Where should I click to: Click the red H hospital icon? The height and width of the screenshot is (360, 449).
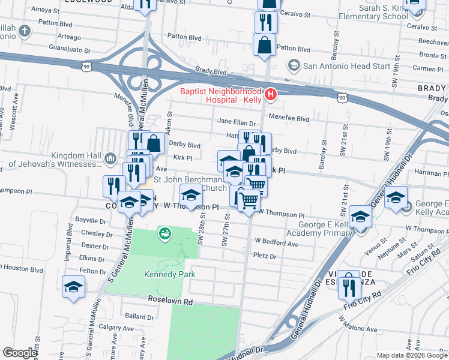pos(271,94)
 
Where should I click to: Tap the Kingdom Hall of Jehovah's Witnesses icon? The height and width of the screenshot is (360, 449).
pos(110,159)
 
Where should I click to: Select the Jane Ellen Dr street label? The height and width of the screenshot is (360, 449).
pos(237,123)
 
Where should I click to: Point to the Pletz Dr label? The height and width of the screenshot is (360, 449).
pos(264,256)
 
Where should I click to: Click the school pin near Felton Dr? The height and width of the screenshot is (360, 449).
pos(73,287)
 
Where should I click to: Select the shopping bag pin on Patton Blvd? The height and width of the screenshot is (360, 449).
pos(265,45)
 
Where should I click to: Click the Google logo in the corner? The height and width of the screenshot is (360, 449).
pos(20,353)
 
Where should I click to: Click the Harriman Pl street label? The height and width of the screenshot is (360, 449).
pos(427,173)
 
